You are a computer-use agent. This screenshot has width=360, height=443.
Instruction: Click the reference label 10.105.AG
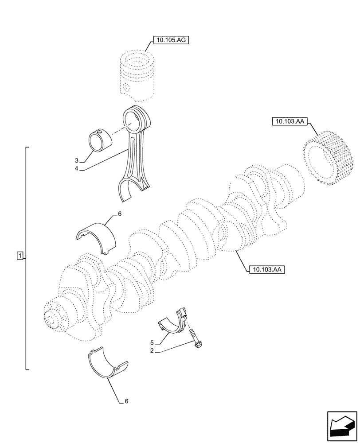[x=171, y=40]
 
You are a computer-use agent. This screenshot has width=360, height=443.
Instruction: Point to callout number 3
[x=76, y=160]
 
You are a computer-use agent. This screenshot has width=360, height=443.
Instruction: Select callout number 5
[x=152, y=343]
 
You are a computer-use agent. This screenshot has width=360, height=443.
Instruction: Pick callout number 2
[x=152, y=351]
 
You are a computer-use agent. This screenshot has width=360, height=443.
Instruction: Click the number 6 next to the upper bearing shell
[x=119, y=214]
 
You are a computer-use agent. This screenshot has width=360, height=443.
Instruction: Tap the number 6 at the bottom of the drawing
[x=126, y=401]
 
